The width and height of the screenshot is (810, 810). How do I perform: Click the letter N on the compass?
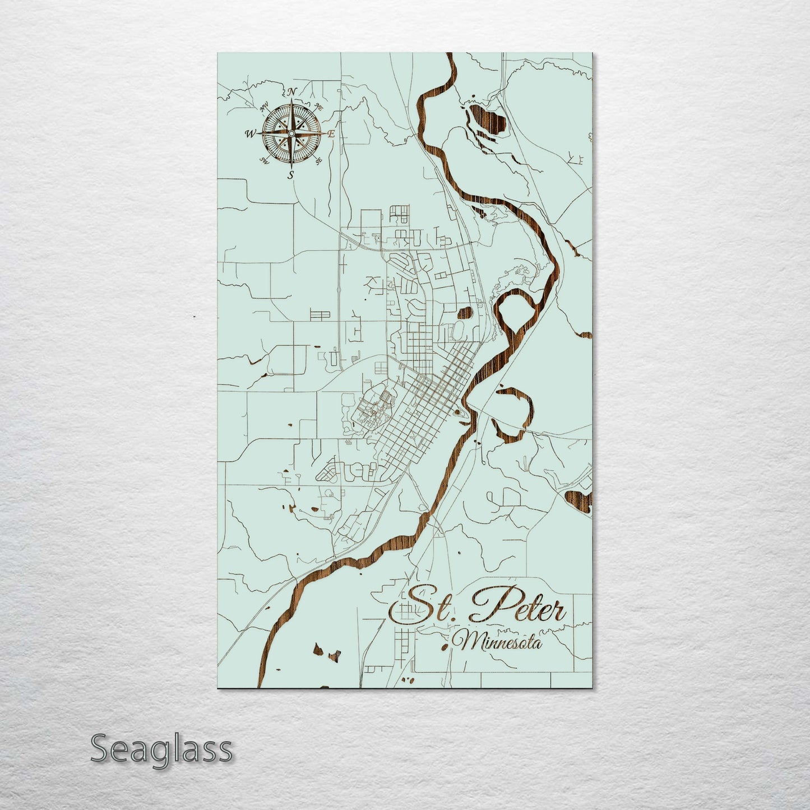point(291,92)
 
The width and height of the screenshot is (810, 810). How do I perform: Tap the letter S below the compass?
point(290,175)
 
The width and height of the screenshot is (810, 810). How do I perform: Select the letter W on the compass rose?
point(250,134)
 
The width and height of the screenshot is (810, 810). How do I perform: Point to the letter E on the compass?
point(331,134)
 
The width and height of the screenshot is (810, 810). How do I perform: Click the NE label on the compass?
point(319,106)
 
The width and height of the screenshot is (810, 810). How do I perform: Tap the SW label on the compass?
point(264,161)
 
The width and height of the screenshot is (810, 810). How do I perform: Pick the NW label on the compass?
point(265,105)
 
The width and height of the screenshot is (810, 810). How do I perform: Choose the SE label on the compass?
point(318,161)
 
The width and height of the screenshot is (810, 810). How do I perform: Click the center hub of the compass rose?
point(291,133)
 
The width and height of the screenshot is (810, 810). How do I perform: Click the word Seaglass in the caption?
point(161,749)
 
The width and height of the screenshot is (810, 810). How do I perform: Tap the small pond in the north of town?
point(465,313)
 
